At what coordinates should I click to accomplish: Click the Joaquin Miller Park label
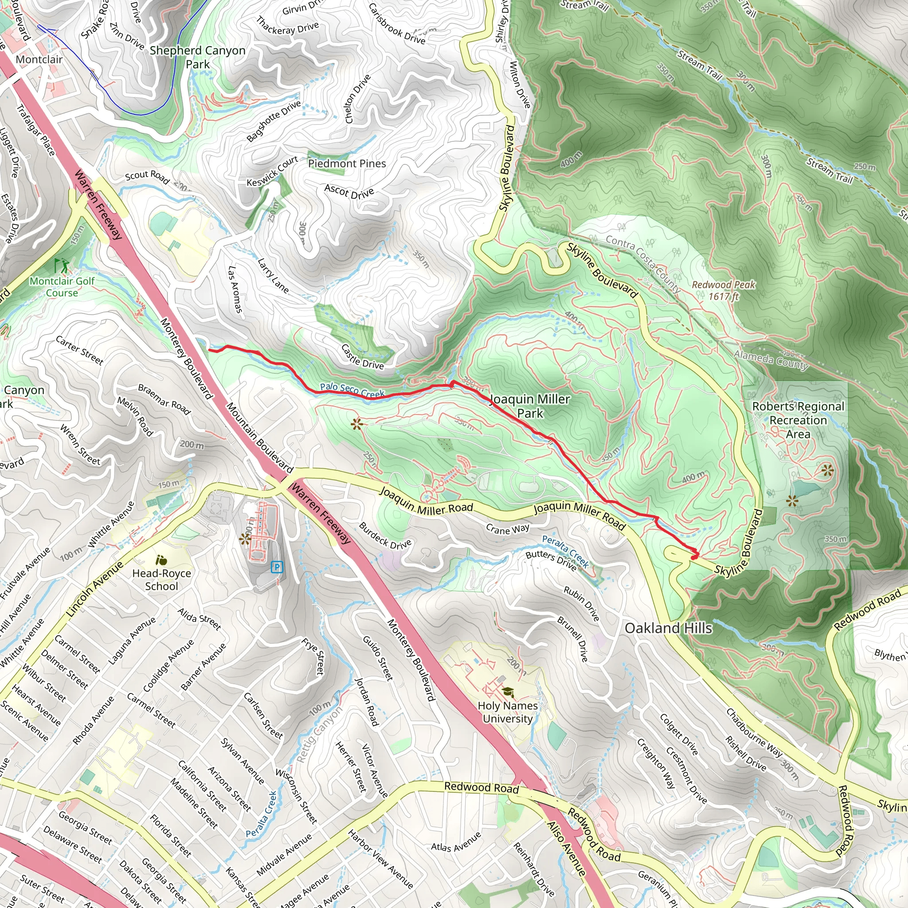point(530,406)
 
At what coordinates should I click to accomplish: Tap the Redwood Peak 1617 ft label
point(723,290)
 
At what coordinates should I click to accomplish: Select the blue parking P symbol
point(277,567)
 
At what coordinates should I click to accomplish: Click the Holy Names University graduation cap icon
point(508,692)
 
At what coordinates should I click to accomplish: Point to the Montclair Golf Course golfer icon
point(61,266)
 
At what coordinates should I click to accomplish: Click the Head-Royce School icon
point(161,560)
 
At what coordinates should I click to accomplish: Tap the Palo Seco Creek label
point(352,390)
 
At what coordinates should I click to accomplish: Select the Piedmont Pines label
point(347,164)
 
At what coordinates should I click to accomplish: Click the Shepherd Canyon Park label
point(197,57)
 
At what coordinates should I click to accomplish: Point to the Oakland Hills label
point(668,628)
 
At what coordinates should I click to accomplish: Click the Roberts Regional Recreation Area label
point(798,420)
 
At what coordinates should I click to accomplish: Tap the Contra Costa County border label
point(642,264)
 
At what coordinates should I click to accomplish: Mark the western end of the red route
point(209,350)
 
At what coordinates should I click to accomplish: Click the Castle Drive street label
point(362,357)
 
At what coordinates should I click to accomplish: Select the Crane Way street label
point(508,529)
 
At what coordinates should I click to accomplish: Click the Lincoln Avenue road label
point(94,589)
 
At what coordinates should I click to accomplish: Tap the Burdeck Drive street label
point(385,535)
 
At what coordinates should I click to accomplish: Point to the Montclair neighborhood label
point(39,59)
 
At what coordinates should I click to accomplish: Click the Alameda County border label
point(771,360)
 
